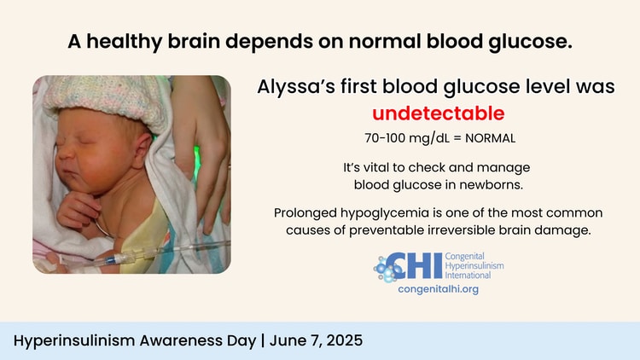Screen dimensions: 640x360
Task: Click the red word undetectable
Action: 439,113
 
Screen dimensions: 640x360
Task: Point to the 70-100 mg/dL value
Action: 407,138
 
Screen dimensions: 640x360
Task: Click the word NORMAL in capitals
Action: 490,138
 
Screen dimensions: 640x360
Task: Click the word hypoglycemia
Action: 385,213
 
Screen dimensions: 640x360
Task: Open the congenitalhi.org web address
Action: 439,289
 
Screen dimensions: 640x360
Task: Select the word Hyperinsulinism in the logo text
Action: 474,265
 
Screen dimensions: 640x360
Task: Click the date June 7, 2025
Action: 316,340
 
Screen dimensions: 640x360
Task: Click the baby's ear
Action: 142,149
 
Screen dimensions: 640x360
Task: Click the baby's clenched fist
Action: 78,210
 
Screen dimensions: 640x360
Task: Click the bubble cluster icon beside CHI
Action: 386,270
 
